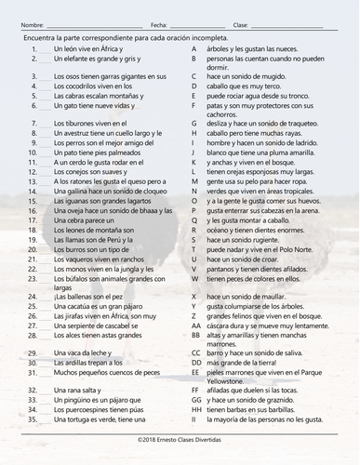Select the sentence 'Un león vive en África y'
pyautogui.click(x=84, y=46)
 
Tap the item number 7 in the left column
pyautogui.click(x=33, y=122)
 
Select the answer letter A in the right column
pyautogui.click(x=193, y=46)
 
